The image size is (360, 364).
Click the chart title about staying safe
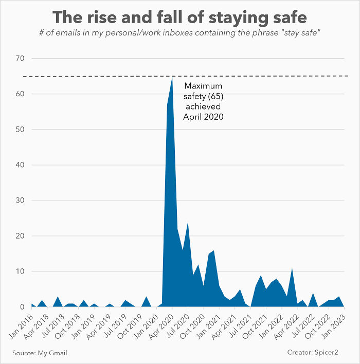pos(179,18)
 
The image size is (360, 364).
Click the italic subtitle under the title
pos(179,33)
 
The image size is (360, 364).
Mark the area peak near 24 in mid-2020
pos(188,223)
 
